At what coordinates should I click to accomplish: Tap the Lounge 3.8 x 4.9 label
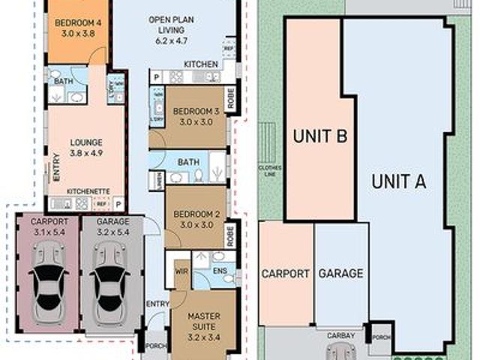pyautogui.click(x=86, y=147)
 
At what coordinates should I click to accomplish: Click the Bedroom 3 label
pyautogui.click(x=196, y=117)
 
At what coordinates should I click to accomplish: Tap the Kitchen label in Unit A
pyautogui.click(x=201, y=64)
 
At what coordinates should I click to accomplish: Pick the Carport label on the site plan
pyautogui.click(x=285, y=274)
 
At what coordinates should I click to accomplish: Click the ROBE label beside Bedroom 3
pyautogui.click(x=229, y=100)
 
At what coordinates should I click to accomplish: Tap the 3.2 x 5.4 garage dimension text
pyautogui.click(x=113, y=232)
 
